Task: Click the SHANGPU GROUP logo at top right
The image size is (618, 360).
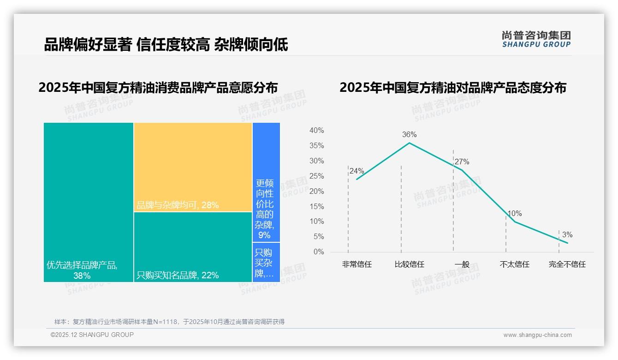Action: point(536,39)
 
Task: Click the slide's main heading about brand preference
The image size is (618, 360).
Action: point(166,45)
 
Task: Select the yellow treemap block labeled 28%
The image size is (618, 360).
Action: point(193,167)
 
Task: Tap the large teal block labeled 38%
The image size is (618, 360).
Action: point(89,202)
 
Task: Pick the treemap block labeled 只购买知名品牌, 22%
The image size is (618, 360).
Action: point(193,247)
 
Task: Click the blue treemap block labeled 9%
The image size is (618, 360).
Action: point(266,182)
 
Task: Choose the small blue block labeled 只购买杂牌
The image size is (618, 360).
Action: point(266,262)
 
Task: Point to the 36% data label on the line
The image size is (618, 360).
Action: point(409,135)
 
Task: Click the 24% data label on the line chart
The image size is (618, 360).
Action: point(357,171)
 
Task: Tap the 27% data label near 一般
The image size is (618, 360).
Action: point(462,162)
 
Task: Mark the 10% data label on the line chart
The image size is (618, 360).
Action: point(514,214)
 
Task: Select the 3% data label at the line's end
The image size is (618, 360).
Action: point(567,235)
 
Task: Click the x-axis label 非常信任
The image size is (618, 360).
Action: point(357,264)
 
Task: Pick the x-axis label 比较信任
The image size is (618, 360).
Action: point(409,264)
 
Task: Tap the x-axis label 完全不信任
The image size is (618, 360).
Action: point(567,264)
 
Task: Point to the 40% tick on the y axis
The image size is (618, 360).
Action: point(316,131)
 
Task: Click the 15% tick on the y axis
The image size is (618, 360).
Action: point(316,206)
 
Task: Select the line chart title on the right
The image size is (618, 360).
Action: point(452,88)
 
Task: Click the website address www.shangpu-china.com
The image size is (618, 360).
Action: point(537,335)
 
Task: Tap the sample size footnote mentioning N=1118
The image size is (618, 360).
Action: point(169,322)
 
